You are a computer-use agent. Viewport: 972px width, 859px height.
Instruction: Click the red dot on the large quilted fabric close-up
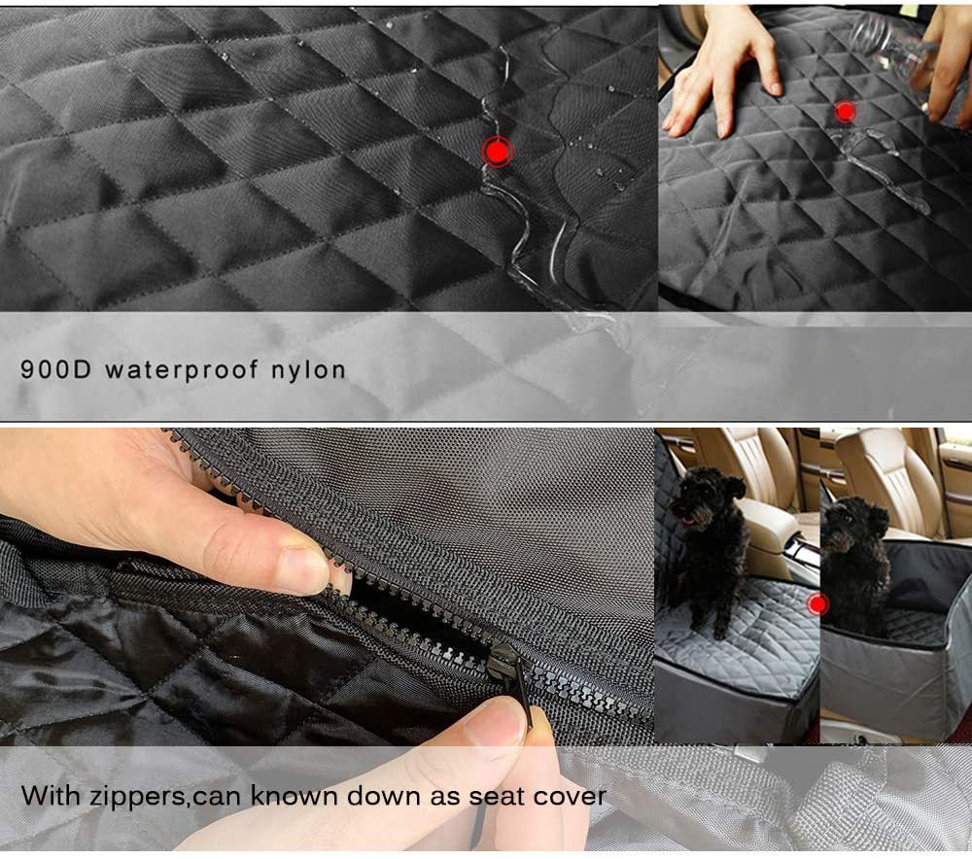pyautogui.click(x=498, y=152)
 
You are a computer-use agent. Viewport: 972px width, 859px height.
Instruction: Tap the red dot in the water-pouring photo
pyautogui.click(x=845, y=112)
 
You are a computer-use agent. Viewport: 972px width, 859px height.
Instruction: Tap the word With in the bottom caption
pyautogui.click(x=49, y=796)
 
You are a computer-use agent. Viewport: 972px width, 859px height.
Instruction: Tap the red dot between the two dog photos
pyautogui.click(x=817, y=604)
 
